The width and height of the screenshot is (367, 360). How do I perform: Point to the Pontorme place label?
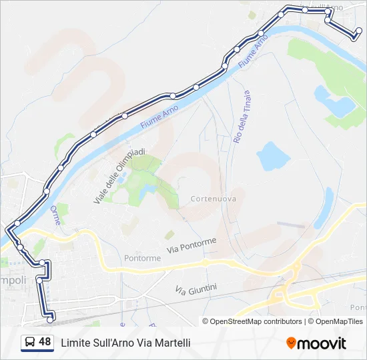(x=142, y=258)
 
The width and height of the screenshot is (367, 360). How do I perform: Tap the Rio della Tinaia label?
(x=242, y=118)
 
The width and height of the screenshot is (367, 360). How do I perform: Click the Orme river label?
(x=55, y=215)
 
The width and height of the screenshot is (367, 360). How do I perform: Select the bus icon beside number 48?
(x=30, y=342)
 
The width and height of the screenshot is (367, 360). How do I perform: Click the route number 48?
(x=45, y=342)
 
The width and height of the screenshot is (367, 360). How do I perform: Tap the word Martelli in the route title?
(x=173, y=343)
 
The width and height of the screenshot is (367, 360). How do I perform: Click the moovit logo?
(x=316, y=343)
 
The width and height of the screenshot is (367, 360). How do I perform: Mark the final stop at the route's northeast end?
(x=359, y=31)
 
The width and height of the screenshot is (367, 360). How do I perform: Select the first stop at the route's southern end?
(x=50, y=321)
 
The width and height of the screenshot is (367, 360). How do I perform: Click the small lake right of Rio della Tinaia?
(x=273, y=157)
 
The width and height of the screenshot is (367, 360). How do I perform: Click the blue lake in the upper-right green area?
(x=334, y=102)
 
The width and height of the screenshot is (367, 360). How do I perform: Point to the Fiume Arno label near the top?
(x=254, y=50)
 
